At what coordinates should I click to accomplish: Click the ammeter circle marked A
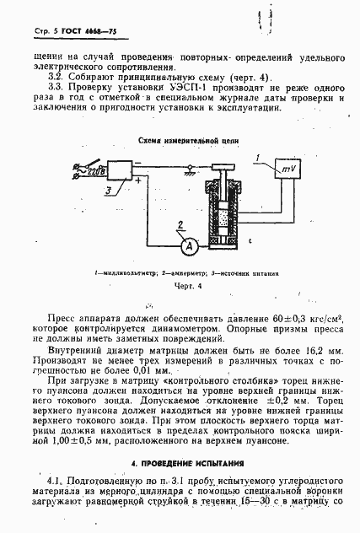tap(191, 245)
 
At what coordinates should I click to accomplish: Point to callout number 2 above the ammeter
tap(180, 223)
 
